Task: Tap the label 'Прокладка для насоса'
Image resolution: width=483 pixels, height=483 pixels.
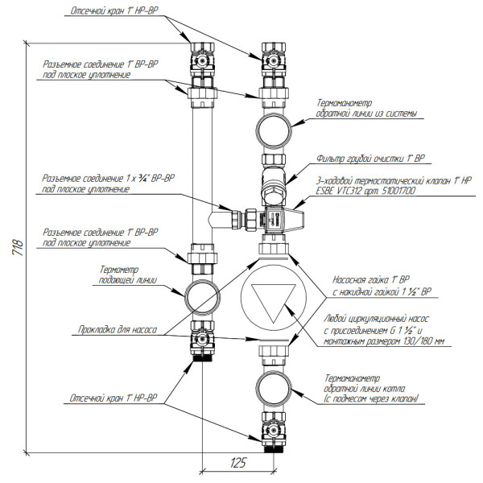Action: [116, 329]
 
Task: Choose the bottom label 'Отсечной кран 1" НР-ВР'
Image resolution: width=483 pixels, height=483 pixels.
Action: [116, 397]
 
